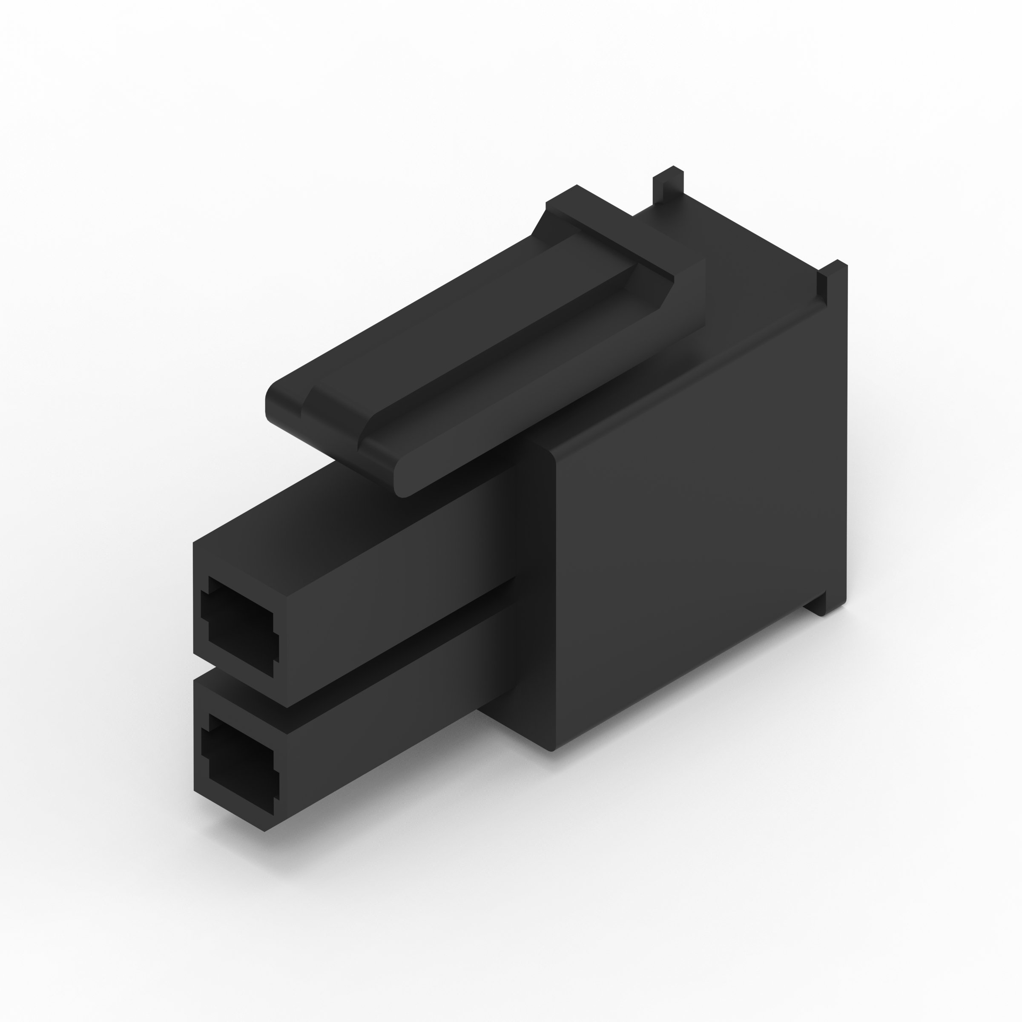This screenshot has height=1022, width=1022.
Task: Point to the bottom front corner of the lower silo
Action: coord(264,830)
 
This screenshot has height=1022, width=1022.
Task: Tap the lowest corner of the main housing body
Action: coord(551,749)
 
